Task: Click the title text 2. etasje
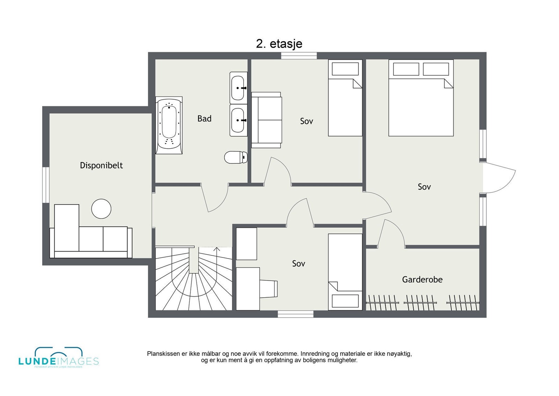[x=279, y=44]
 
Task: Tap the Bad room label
[x=204, y=119]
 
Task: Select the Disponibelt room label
[x=101, y=165]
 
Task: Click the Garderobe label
[x=422, y=280]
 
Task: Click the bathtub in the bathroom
[x=169, y=126]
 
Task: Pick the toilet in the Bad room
[x=235, y=157]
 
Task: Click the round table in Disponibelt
[x=101, y=209]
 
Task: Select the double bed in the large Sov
[x=421, y=98]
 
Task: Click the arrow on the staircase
[x=217, y=250]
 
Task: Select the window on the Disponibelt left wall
[x=46, y=185]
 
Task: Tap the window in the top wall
[x=299, y=56]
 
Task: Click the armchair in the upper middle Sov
[x=266, y=120]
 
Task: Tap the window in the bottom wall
[x=296, y=314]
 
